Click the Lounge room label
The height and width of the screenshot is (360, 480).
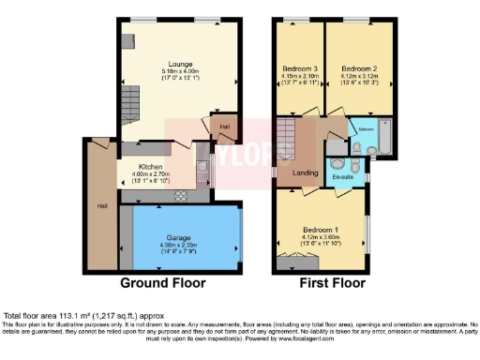click(177, 63)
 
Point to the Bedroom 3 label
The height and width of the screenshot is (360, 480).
click(298, 68)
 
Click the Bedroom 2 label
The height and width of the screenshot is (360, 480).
click(357, 68)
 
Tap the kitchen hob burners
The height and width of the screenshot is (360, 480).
click(181, 196)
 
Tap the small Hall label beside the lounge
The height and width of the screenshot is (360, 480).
click(225, 127)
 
